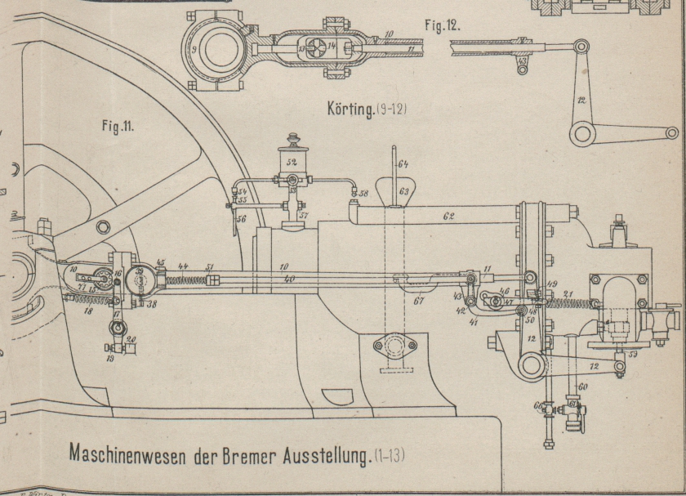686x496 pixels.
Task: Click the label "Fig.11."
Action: [x=120, y=128]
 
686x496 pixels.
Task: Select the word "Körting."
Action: [x=349, y=109]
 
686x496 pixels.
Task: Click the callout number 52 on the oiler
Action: [x=291, y=161]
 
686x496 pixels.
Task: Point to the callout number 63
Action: [x=403, y=190]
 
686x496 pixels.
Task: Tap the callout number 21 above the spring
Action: [x=568, y=293]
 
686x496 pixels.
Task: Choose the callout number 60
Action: [x=582, y=387]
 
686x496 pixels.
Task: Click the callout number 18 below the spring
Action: [x=87, y=311]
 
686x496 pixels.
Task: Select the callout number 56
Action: [x=242, y=220]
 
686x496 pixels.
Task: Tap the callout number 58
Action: [x=363, y=194]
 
